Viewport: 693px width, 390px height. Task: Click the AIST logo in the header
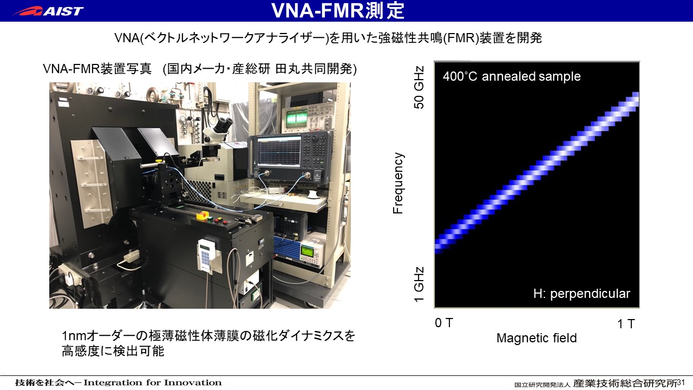tap(48, 11)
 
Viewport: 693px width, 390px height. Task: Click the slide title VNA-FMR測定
tap(338, 10)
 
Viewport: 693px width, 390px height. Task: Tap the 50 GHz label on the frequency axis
tap(419, 87)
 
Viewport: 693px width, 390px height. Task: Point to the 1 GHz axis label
tap(419, 284)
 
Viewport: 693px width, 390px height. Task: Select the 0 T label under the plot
tap(443, 323)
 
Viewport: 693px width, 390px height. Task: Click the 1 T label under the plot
tap(626, 324)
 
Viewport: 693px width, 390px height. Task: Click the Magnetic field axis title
tap(537, 338)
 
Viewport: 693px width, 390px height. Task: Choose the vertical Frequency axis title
tap(398, 183)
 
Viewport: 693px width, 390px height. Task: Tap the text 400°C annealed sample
tap(512, 76)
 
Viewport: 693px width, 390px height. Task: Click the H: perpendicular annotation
tap(581, 294)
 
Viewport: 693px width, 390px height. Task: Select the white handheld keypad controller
tap(207, 255)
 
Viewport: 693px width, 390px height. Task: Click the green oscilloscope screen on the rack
tap(296, 119)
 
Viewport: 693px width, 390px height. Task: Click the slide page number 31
tap(681, 382)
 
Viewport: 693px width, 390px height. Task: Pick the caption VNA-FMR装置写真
tap(97, 69)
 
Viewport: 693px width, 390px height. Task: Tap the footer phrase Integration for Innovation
tap(153, 383)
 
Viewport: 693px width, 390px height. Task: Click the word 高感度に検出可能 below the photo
tap(113, 352)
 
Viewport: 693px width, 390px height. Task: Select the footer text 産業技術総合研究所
tap(625, 383)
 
